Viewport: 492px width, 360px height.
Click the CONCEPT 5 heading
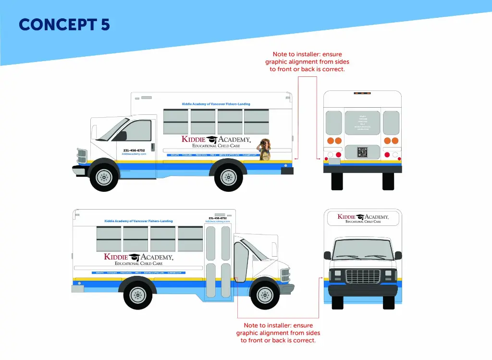(64, 25)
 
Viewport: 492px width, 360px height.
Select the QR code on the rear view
(362, 152)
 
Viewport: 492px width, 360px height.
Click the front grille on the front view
(363, 276)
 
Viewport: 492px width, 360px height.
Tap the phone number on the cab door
(134, 150)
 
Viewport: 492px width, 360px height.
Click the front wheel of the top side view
(104, 177)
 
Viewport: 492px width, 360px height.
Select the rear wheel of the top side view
(229, 177)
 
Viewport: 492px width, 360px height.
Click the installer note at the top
(307, 62)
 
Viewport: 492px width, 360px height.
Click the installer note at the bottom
(278, 333)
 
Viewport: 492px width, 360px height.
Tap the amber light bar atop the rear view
(362, 93)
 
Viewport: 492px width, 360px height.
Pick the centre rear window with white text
(362, 123)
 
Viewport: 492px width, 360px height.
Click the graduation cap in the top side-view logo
(212, 140)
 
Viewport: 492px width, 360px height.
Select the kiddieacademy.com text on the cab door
(134, 154)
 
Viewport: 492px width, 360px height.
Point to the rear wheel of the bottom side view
(138, 294)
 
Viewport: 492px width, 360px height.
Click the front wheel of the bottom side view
(265, 294)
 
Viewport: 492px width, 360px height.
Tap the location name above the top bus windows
(216, 104)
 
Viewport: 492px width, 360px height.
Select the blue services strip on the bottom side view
(138, 273)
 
